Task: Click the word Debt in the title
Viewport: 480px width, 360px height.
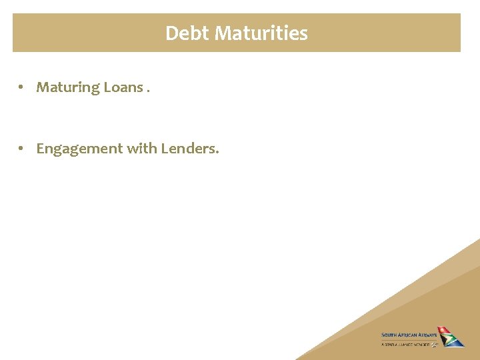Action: coord(187,33)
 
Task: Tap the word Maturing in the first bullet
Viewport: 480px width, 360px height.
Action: coord(67,87)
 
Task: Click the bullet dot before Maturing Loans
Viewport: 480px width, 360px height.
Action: coord(22,87)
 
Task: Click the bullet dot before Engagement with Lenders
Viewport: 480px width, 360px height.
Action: coord(22,149)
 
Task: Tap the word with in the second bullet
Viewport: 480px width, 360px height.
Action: coord(141,148)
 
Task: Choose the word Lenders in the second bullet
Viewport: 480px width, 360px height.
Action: coord(189,148)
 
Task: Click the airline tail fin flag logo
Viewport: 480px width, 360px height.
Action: coord(450,337)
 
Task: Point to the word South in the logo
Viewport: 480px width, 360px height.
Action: coord(389,335)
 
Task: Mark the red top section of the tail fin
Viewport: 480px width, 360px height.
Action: coord(443,331)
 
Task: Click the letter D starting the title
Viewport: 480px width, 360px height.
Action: coord(171,33)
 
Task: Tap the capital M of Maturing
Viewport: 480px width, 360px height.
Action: coord(43,87)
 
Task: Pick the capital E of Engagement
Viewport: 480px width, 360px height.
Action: coord(40,148)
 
